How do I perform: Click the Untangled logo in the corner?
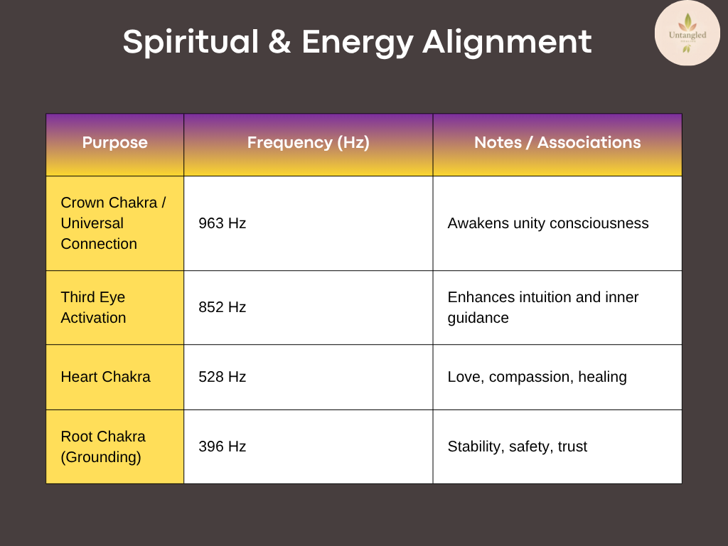(x=687, y=33)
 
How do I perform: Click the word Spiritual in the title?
(x=191, y=42)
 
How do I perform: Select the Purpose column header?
(x=114, y=142)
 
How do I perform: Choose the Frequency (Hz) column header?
(x=309, y=142)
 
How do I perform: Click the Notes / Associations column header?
(x=557, y=142)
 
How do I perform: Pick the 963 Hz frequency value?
(x=222, y=223)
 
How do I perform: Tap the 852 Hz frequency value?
(x=222, y=307)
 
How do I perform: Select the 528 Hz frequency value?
(x=222, y=377)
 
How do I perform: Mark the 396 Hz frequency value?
(x=222, y=446)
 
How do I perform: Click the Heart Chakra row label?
(x=105, y=377)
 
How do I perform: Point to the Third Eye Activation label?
(x=93, y=307)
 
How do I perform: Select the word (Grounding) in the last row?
(x=101, y=457)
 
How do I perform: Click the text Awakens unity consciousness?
(x=548, y=223)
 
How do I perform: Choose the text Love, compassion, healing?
(x=537, y=377)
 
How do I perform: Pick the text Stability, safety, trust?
(x=518, y=446)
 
